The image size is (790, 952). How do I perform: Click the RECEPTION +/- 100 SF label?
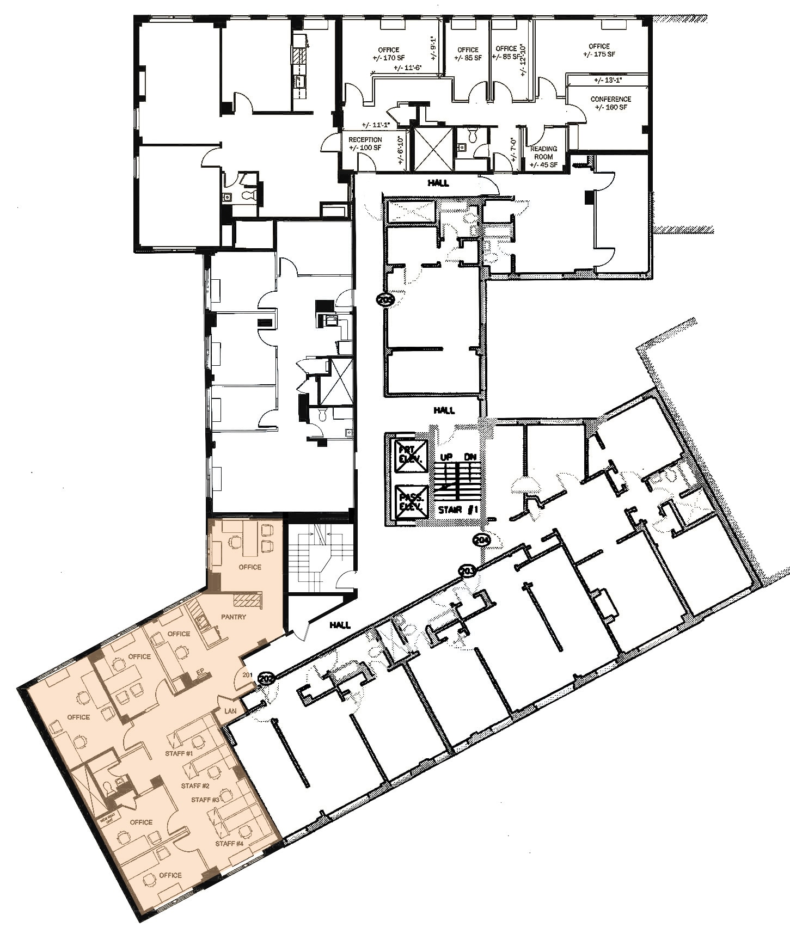[x=365, y=144]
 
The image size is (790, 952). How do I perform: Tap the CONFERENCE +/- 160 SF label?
[x=610, y=103]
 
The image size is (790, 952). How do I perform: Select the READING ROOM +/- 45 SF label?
[x=543, y=157]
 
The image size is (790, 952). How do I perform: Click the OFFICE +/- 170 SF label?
[x=388, y=53]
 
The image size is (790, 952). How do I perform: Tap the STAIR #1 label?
[x=458, y=510]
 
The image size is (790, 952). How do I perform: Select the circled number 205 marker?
[x=385, y=299]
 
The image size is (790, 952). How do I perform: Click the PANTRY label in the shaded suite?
[x=234, y=617]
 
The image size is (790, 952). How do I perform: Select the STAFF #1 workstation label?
[x=179, y=753]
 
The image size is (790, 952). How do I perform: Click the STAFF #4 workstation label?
[x=229, y=844]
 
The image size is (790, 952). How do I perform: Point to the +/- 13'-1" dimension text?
[x=608, y=80]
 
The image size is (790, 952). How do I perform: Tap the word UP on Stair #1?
[x=446, y=457]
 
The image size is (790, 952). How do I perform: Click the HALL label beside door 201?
[x=340, y=625]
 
